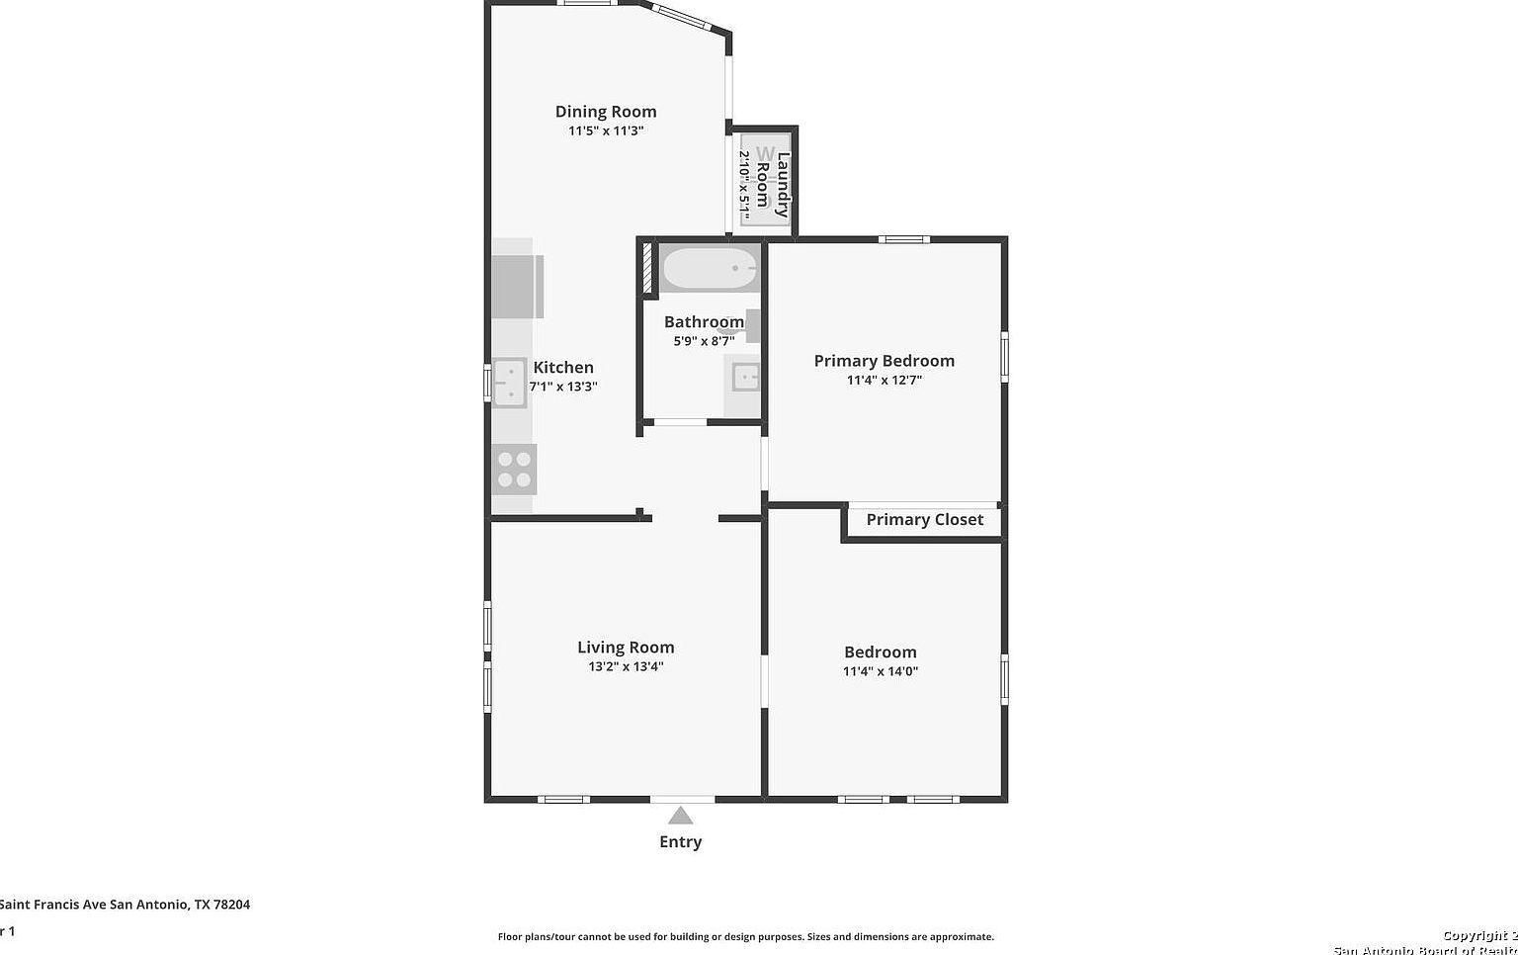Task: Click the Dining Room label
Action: point(605,112)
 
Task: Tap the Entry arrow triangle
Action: point(680,816)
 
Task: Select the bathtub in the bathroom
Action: point(709,267)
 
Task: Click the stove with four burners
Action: point(514,470)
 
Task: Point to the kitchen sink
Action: point(510,383)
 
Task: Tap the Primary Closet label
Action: point(924,520)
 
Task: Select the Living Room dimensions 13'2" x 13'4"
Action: point(626,666)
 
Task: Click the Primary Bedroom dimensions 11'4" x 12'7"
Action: point(884,380)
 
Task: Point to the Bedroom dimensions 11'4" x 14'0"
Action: point(880,671)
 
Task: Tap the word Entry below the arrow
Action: point(680,842)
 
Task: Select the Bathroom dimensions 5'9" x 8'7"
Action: point(704,341)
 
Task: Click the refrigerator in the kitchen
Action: point(517,287)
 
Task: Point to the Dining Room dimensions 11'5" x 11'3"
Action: point(605,130)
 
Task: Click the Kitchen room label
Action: point(563,368)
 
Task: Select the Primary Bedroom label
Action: point(884,361)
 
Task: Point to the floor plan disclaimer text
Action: point(745,936)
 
